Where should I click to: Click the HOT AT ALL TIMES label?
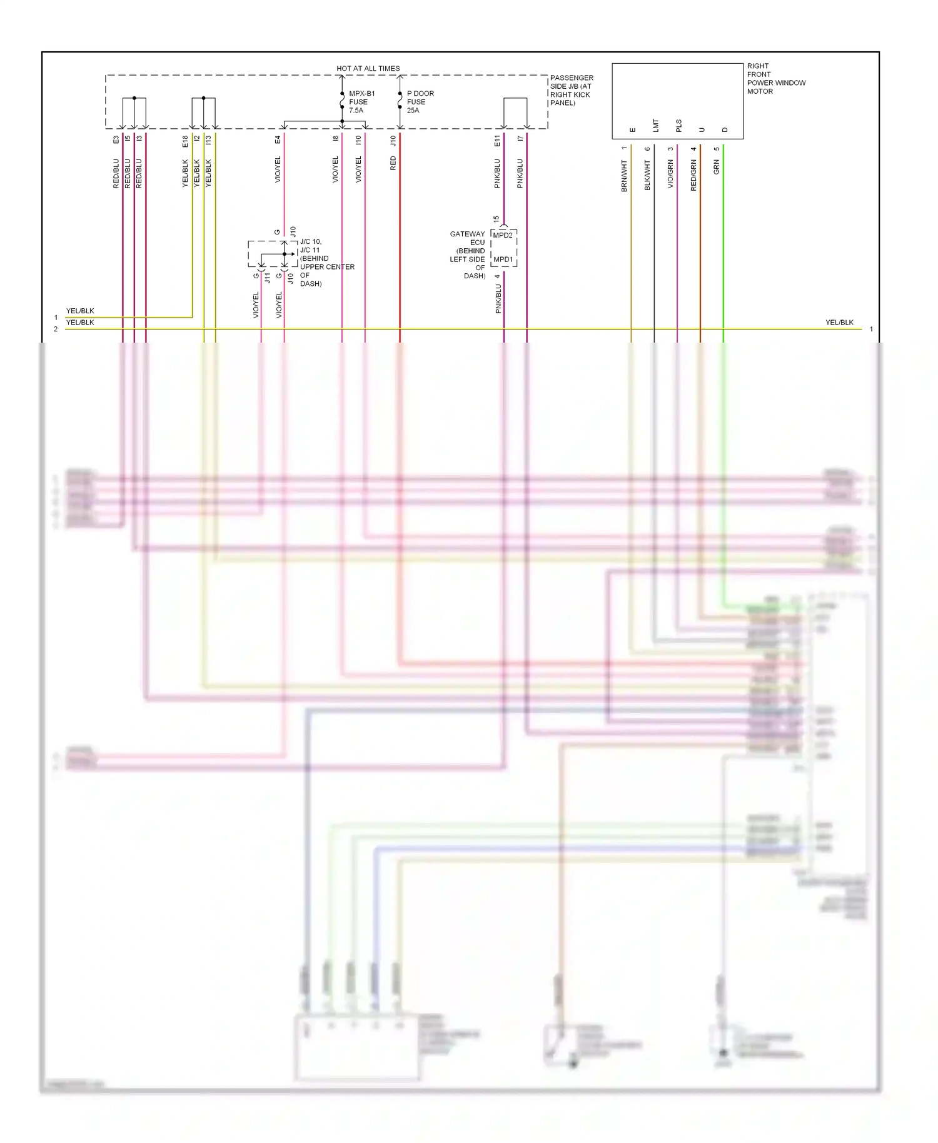click(368, 68)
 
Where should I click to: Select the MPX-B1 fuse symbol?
click(342, 100)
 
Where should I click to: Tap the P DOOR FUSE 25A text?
click(420, 102)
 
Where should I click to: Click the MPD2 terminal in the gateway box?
click(503, 236)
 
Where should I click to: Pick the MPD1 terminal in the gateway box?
click(503, 259)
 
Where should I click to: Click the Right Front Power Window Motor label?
click(776, 79)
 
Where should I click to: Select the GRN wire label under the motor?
click(717, 167)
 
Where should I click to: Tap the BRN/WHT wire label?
click(624, 176)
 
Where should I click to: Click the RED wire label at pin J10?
click(393, 164)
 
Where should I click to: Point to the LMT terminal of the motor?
click(656, 126)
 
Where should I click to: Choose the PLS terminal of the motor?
click(679, 126)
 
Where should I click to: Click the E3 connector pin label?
click(116, 139)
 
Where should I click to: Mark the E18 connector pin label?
click(185, 142)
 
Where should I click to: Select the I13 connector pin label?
click(209, 141)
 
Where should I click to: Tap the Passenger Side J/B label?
click(572, 90)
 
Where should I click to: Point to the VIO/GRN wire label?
click(670, 174)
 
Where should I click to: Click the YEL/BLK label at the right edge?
click(839, 323)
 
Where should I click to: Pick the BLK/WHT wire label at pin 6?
click(647, 175)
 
